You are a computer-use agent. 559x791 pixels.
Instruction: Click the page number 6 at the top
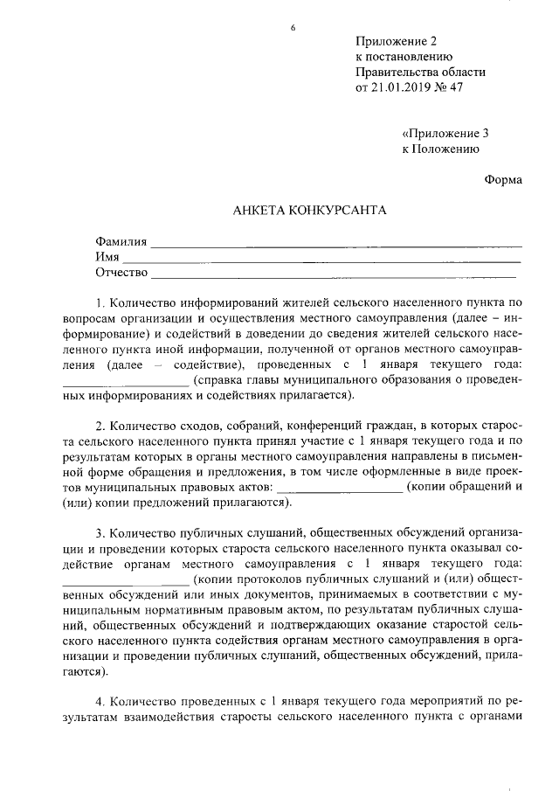(293, 30)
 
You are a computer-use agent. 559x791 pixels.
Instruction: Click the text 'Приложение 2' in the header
(395, 41)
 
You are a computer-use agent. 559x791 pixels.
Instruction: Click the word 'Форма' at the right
(503, 180)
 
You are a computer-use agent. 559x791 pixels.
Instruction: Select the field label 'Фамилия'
(121, 241)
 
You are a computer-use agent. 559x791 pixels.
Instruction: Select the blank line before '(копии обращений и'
(338, 491)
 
